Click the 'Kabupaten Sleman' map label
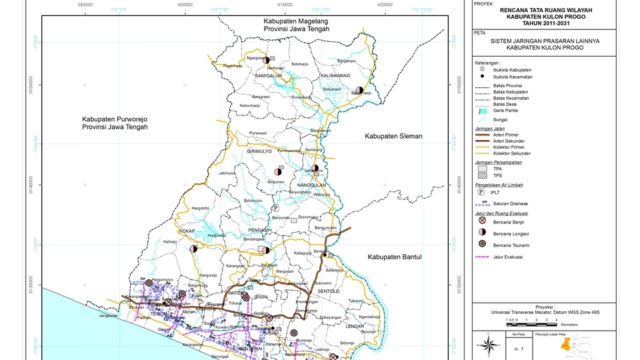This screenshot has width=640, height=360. (x=393, y=136)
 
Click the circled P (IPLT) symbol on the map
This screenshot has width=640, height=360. (x=275, y=208)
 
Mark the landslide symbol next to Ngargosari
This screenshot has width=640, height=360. (x=265, y=60)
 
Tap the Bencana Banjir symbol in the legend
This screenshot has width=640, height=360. (x=481, y=221)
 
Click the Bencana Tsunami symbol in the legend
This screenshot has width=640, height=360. (x=481, y=244)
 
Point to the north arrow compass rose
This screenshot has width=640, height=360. (x=488, y=345)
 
